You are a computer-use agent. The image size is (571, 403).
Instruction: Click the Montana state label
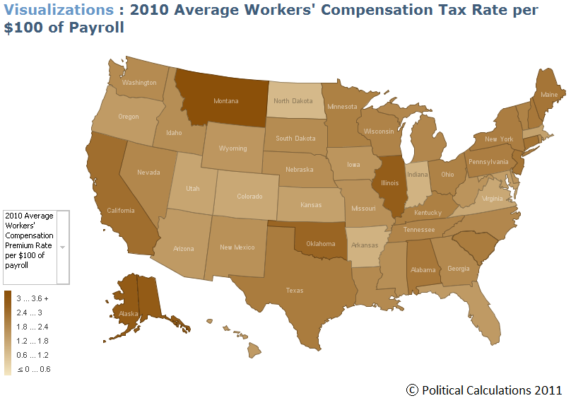click(225, 101)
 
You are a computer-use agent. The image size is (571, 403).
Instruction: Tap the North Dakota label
click(293, 100)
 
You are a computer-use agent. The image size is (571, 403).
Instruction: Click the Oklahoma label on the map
click(320, 243)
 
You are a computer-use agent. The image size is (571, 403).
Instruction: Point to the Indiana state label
click(418, 174)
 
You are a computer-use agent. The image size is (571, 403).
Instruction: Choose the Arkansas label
click(365, 245)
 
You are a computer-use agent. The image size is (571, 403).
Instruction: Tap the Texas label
click(295, 291)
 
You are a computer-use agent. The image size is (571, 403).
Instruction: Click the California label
click(121, 210)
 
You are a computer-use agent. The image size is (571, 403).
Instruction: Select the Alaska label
click(129, 313)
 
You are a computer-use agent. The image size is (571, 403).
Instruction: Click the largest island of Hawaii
click(254, 351)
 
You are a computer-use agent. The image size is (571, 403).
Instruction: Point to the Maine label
click(549, 94)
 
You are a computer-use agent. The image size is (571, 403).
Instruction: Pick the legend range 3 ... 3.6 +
click(33, 298)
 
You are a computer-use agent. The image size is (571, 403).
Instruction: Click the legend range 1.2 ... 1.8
click(33, 341)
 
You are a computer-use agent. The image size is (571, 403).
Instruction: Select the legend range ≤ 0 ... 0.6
click(34, 369)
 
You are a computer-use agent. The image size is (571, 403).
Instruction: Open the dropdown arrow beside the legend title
click(63, 247)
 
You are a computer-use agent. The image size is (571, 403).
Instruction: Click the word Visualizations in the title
click(59, 10)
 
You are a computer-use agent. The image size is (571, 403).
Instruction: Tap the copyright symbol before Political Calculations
click(412, 390)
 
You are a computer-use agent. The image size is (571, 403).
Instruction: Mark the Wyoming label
click(232, 148)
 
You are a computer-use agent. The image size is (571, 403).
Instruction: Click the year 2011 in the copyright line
click(548, 390)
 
